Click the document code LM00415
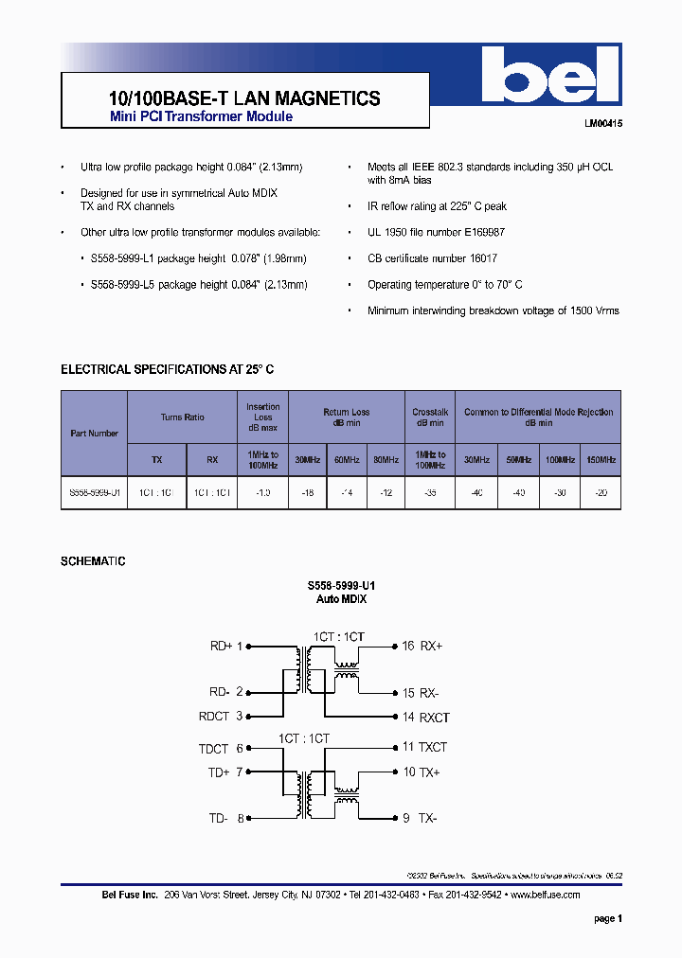[x=601, y=124]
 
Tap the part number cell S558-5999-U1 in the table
[x=94, y=492]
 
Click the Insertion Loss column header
[x=263, y=417]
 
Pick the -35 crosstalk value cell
[x=430, y=492]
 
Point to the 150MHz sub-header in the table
[x=601, y=460]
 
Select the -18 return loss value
[x=307, y=492]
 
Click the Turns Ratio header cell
[x=182, y=417]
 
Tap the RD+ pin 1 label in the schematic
[x=226, y=647]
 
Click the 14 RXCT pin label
[x=425, y=718]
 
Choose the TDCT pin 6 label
[x=221, y=748]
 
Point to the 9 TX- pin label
[x=420, y=818]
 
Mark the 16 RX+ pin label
[x=422, y=647]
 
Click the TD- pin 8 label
[x=226, y=818]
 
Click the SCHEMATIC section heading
[x=93, y=561]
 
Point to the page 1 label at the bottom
[x=607, y=918]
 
